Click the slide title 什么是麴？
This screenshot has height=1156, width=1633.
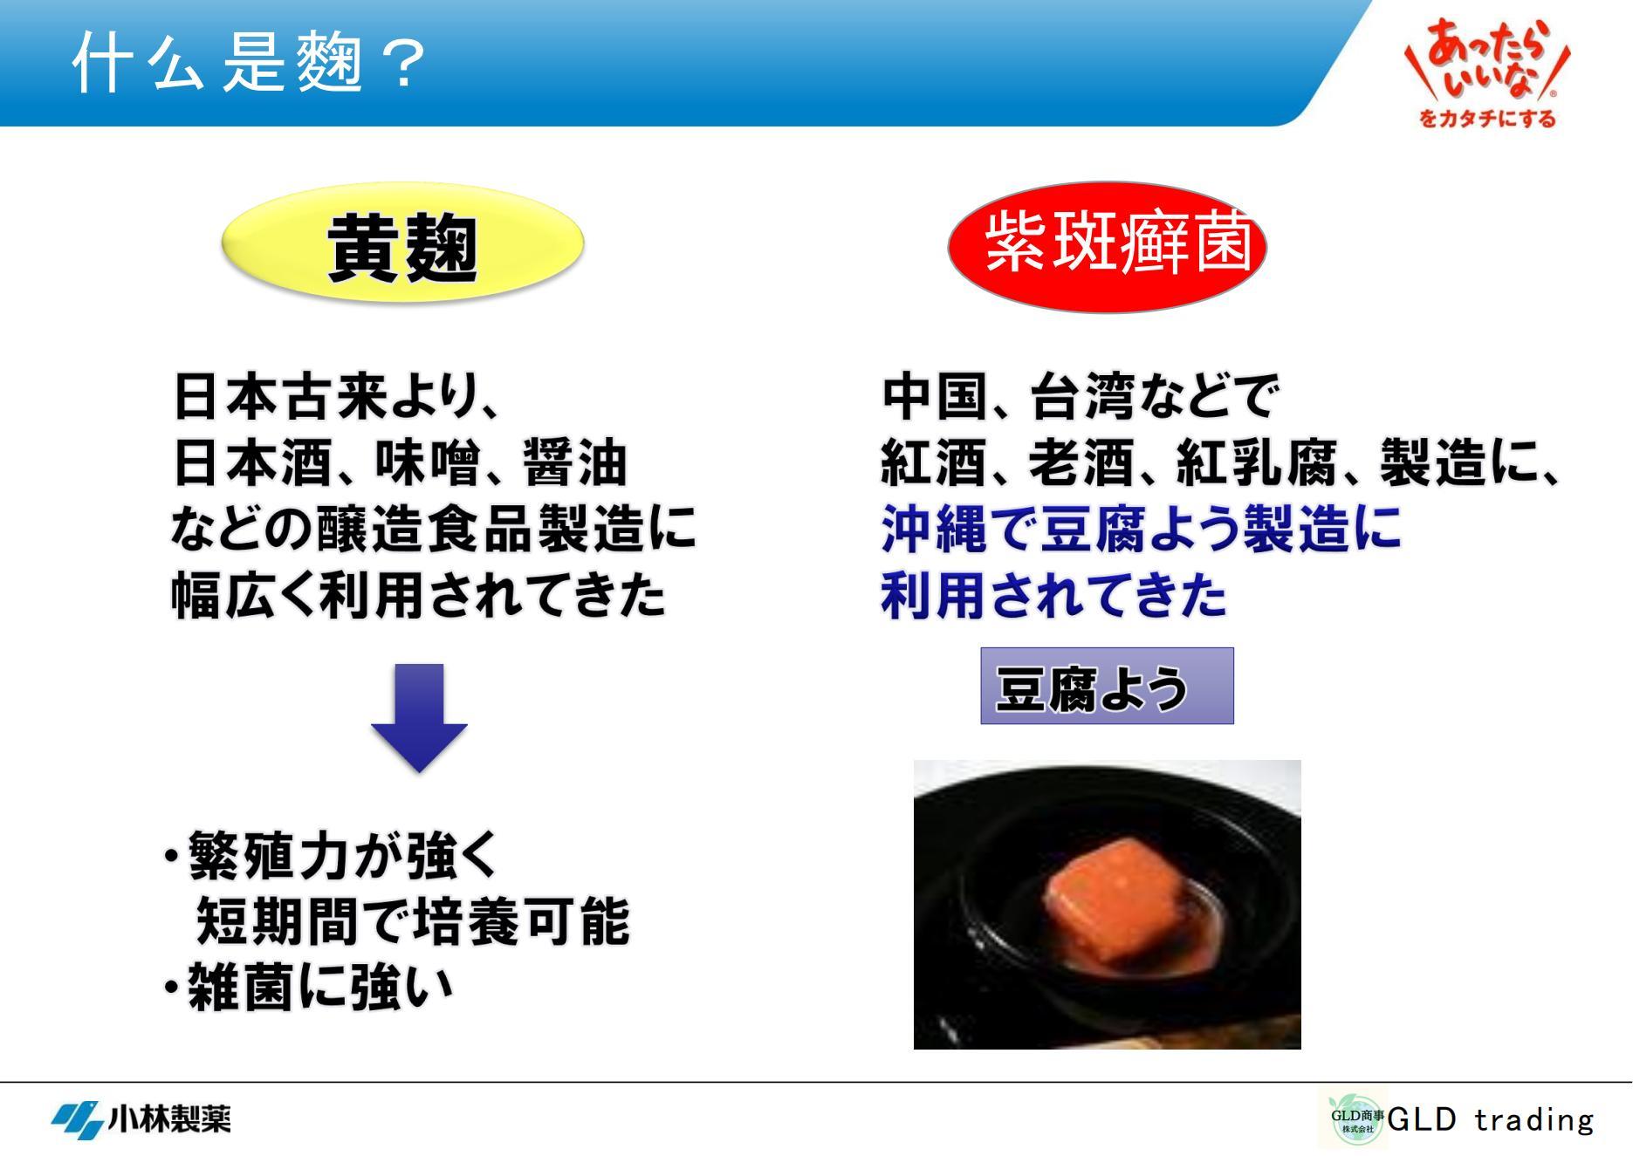249,63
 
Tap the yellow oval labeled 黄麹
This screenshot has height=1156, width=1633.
402,243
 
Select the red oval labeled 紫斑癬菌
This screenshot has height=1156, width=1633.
1107,247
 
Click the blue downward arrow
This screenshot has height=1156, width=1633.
419,717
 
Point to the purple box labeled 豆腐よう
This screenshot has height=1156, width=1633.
1107,686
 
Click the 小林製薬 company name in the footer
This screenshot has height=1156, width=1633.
169,1118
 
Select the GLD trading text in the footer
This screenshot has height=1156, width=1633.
1490,1118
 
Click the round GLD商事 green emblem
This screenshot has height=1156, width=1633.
1355,1120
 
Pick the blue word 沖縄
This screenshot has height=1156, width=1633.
934,529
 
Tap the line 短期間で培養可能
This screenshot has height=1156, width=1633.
412,921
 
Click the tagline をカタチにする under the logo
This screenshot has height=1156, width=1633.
1487,118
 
